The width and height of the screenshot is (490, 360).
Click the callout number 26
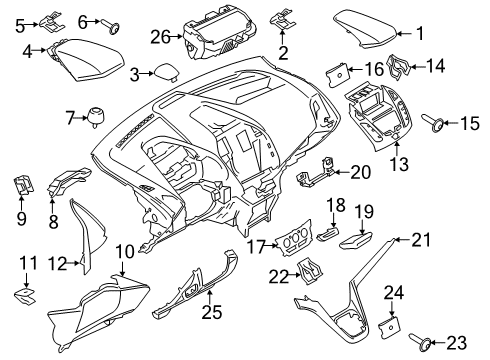[157, 37]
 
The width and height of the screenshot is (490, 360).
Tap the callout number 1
[420, 33]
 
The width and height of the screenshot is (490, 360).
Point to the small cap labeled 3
[161, 72]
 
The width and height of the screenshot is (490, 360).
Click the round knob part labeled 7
[98, 118]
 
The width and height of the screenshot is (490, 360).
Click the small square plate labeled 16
[338, 71]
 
